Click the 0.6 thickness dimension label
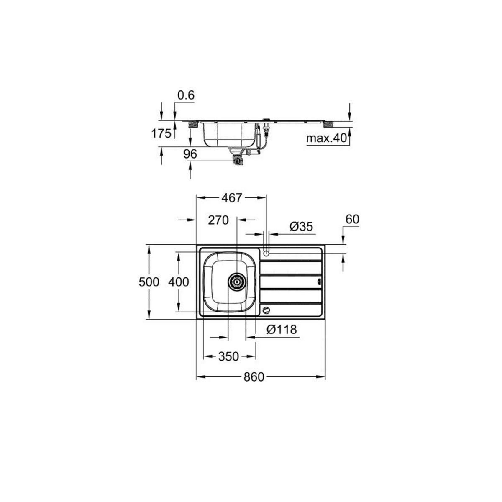pos(186,95)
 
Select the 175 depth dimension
pos(161,133)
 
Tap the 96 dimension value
pos(190,154)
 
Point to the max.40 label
pos(327,138)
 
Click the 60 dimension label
pos(352,219)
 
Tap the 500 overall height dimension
pos(149,282)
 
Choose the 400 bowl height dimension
pos(178,282)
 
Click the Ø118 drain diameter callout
pos(281,330)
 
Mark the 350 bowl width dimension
pos(228,356)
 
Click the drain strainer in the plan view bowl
pos(236,282)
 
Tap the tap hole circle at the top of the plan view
pos(266,253)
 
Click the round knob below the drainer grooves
pos(266,310)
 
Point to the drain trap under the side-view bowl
pos(237,160)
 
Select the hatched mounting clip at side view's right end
pos(329,124)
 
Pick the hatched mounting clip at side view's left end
pos(193,124)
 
